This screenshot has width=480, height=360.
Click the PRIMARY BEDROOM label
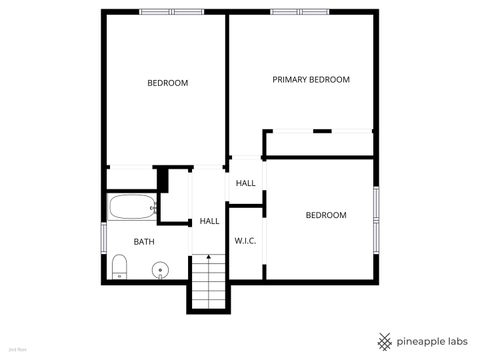tap(311, 80)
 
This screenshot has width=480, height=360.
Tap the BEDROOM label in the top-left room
tap(167, 83)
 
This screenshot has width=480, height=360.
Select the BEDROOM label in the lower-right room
tap(325, 215)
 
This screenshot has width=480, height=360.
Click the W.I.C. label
tap(246, 241)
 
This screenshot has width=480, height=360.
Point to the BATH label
tap(144, 241)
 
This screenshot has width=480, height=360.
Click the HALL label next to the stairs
tap(209, 221)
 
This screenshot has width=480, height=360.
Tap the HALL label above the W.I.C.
tap(245, 184)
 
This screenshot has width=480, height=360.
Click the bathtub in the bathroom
tap(133, 209)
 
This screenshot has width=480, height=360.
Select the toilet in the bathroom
tap(118, 266)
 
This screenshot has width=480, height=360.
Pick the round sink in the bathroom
tap(158, 269)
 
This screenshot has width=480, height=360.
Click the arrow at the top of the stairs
tap(208, 259)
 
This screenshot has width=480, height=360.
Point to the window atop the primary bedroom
tap(299, 12)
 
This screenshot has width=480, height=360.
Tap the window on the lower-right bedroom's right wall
tap(377, 207)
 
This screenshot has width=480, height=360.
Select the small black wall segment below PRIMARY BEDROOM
tap(322, 130)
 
